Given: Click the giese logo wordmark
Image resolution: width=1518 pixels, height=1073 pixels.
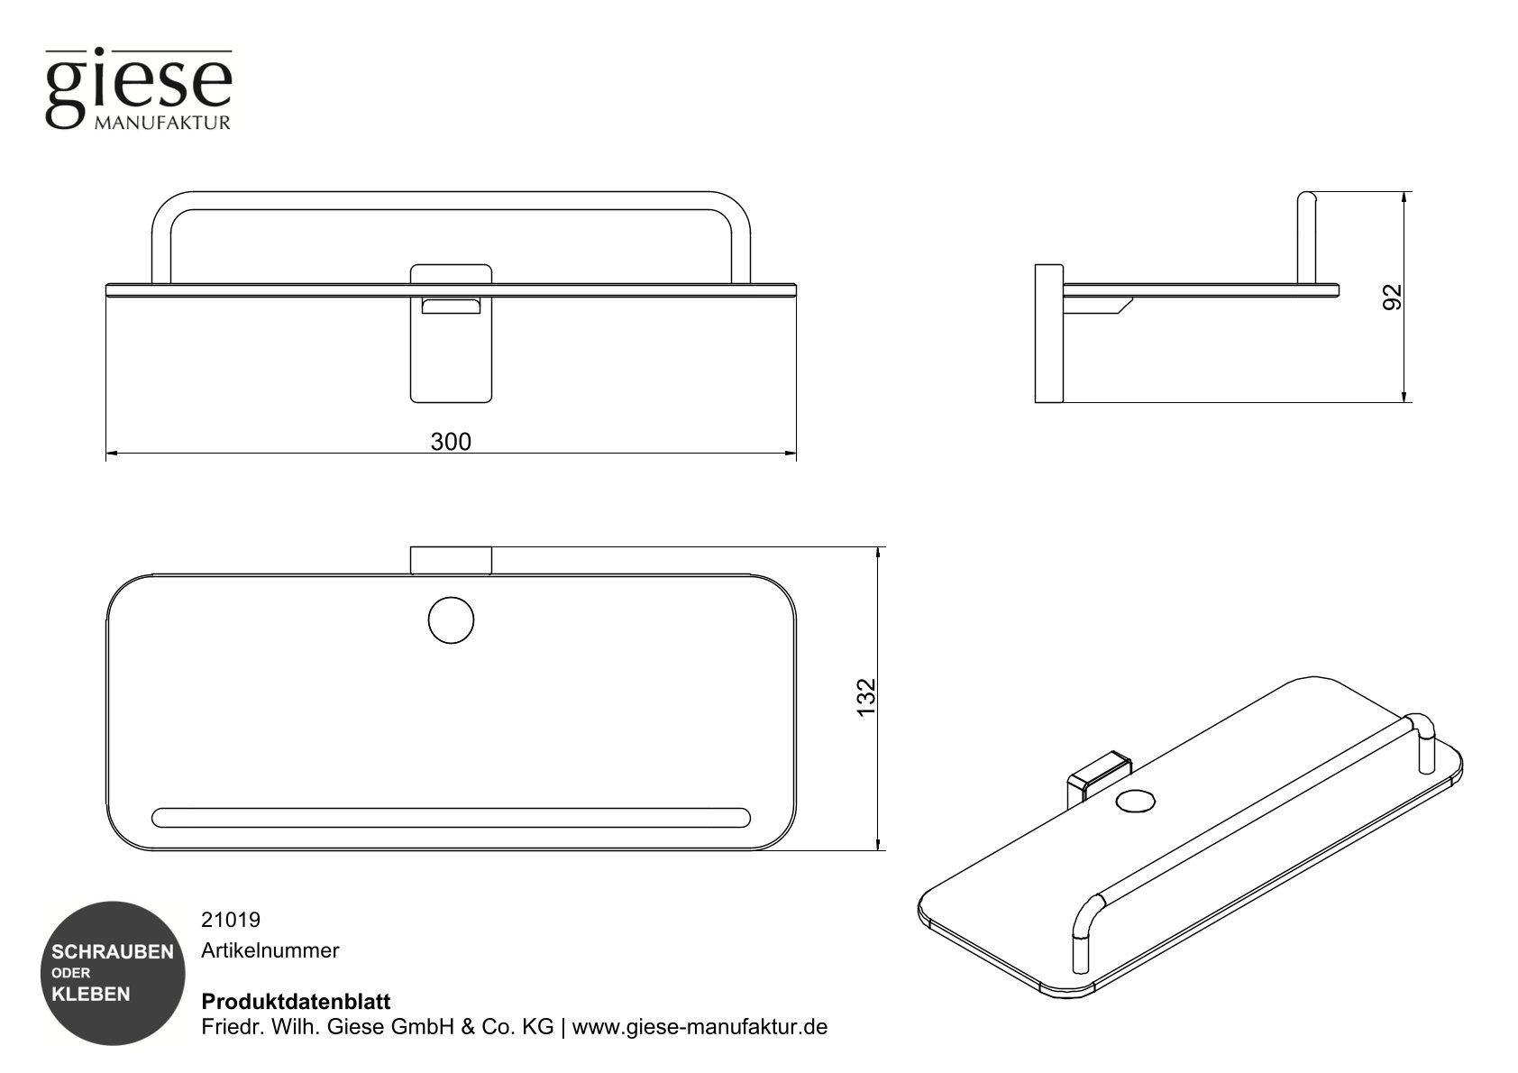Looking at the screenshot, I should click(139, 83).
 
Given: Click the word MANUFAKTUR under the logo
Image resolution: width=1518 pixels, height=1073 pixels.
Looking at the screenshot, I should click(162, 123).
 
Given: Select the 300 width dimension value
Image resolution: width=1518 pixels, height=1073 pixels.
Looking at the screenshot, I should click(451, 442).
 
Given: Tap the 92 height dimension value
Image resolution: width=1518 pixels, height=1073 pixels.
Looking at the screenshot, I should click(1394, 297).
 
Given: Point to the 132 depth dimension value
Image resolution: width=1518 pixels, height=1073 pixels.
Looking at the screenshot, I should click(865, 697).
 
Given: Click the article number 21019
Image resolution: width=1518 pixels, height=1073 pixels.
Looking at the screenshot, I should click(231, 920).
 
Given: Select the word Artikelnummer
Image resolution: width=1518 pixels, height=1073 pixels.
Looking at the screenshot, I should click(270, 950).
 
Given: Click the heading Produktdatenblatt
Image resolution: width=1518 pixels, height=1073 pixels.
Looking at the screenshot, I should click(296, 1002).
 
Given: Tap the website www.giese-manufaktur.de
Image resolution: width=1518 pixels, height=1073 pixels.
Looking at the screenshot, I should click(700, 1027).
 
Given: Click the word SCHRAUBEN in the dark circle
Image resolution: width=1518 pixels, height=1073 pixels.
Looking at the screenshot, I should click(113, 952).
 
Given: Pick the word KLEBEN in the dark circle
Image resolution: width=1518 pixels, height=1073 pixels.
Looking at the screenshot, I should click(91, 995).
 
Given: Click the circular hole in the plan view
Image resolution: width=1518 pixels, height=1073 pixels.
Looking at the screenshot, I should click(451, 620).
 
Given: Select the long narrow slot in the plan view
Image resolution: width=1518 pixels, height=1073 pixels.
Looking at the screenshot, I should click(451, 817).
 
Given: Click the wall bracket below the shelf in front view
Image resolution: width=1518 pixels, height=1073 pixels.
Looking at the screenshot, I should click(451, 352).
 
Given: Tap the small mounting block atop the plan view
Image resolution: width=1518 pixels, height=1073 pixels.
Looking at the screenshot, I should click(451, 559).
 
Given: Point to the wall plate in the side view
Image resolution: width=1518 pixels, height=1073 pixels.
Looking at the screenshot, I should click(1048, 333).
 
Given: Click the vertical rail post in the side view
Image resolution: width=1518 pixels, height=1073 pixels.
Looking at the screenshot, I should click(1307, 239).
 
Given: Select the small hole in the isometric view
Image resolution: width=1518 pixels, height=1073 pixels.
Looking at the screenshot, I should click(1135, 800).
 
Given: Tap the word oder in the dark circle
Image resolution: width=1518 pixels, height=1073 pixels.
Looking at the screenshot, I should click(70, 973).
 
